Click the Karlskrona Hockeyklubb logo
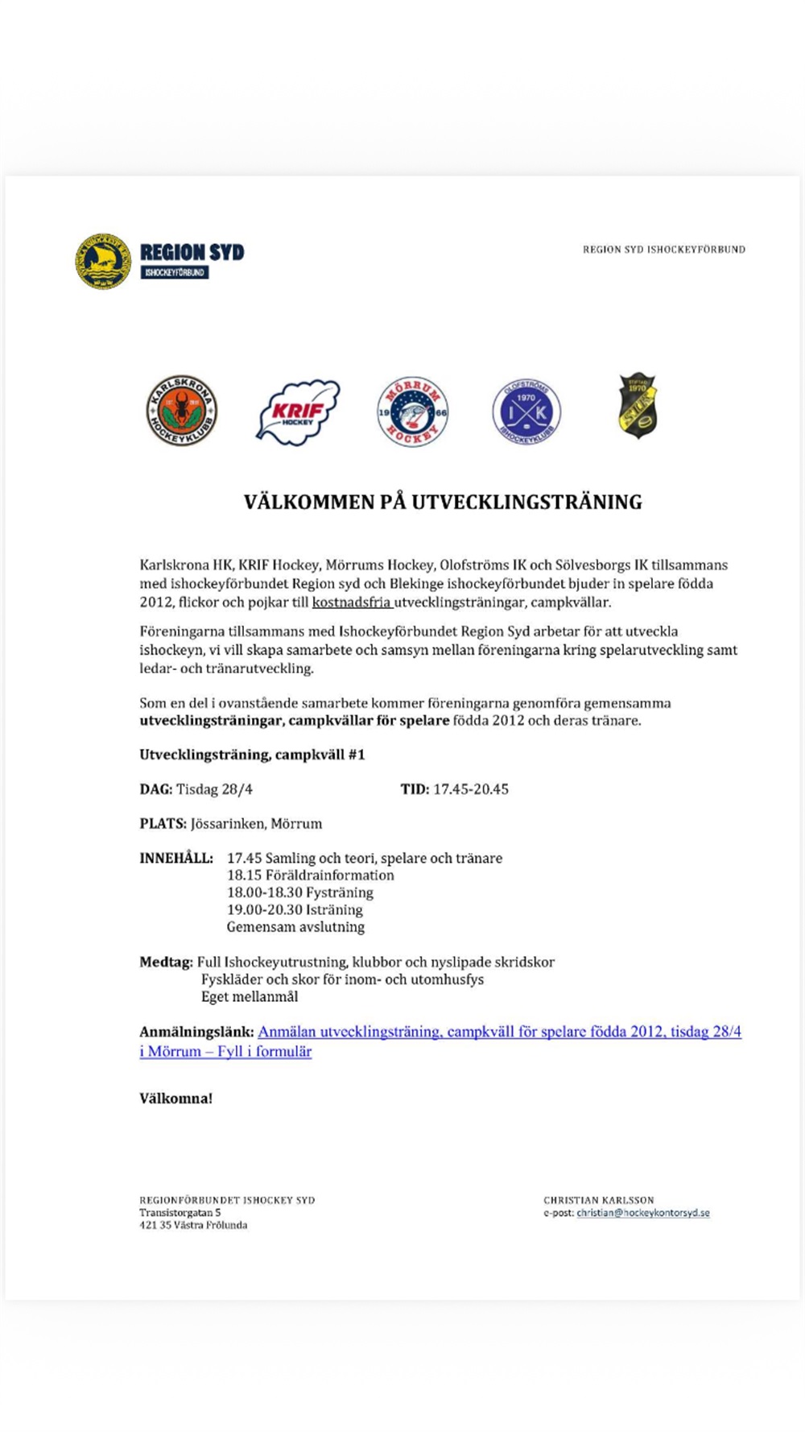tap(181, 411)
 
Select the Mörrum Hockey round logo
tap(412, 412)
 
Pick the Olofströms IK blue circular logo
tap(526, 412)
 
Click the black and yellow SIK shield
tap(638, 407)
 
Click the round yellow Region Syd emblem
tap(103, 261)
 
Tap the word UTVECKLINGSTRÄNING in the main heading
tap(526, 503)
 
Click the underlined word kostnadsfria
tap(352, 602)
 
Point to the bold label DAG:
tap(155, 789)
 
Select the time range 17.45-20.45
tap(470, 789)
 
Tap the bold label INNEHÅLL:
tap(176, 859)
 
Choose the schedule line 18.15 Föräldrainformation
tap(310, 875)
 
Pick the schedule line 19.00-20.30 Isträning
tap(295, 910)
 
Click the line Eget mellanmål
tap(250, 997)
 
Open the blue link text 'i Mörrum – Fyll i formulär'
tap(225, 1052)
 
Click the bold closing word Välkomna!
tap(175, 1099)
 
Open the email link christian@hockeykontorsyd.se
tap(642, 1213)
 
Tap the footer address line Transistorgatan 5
tap(180, 1213)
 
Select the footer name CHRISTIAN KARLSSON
tap(598, 1200)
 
